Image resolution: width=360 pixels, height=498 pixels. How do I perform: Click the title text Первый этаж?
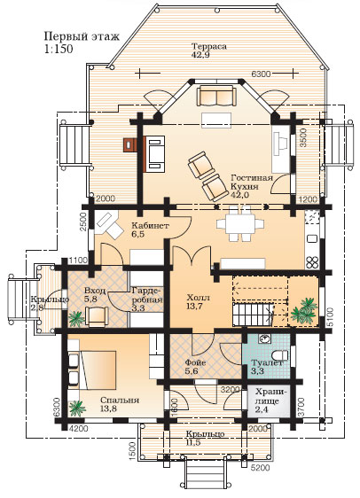coord(82,37)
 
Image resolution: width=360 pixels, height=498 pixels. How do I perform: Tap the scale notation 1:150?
coord(59,49)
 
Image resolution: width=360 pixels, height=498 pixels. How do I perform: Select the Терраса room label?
coord(209,46)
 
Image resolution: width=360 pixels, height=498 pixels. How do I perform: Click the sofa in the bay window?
coord(216,96)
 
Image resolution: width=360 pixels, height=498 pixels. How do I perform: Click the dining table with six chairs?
coord(240,224)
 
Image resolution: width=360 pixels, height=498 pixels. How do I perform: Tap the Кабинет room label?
coord(150,226)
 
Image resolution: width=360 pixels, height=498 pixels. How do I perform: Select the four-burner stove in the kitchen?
coord(312,262)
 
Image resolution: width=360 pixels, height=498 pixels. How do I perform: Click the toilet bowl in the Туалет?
coord(280,354)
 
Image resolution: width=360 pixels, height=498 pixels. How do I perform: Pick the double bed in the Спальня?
coord(98,370)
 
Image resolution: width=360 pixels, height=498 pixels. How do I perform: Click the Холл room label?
coord(199,298)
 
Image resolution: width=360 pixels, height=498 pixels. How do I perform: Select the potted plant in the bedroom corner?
coord(77,409)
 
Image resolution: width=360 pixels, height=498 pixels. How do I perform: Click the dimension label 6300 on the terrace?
coord(261,74)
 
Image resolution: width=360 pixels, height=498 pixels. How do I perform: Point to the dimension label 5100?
coord(330,317)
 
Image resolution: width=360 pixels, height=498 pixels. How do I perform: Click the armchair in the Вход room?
coord(97,316)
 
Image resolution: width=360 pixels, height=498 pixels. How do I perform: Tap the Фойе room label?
coord(195,362)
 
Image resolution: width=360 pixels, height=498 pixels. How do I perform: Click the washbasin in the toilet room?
coord(264,339)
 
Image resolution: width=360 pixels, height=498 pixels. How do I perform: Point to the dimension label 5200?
coord(261,468)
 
